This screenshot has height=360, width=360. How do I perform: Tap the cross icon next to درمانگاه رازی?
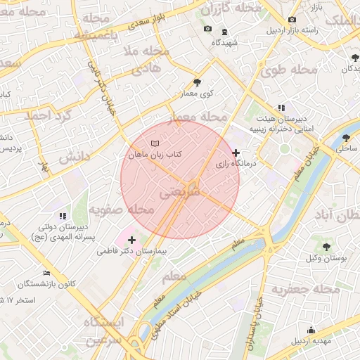click(236, 153)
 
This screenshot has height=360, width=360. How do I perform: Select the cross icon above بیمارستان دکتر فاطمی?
click(131, 240)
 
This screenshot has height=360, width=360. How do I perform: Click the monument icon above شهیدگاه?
click(224, 32)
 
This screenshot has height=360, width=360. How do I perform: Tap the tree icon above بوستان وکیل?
click(327, 246)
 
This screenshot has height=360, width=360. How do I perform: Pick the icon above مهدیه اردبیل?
click(311, 330)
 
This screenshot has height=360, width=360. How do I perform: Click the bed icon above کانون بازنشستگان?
click(47, 272)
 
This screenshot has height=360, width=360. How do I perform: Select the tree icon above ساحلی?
click(345, 138)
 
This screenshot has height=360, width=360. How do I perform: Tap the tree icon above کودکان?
click(353, 58)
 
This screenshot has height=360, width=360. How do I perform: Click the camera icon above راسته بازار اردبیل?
click(292, 19)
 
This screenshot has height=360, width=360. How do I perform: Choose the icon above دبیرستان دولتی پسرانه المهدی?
click(62, 216)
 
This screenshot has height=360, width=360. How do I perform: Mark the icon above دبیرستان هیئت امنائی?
click(281, 108)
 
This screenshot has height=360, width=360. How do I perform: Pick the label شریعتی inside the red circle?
click(179, 191)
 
